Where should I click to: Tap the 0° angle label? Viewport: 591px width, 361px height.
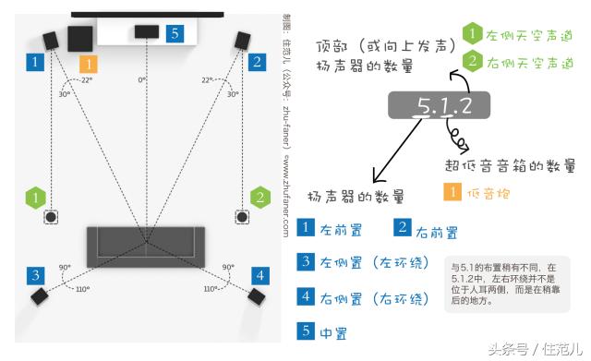click(142, 80)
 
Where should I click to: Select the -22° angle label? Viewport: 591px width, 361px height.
click(86, 80)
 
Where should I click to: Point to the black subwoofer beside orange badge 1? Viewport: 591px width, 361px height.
click(78, 39)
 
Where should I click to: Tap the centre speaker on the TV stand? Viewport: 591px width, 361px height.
click(146, 31)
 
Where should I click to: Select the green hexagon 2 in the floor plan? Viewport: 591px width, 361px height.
click(260, 197)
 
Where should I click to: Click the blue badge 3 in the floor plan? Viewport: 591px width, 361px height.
click(34, 275)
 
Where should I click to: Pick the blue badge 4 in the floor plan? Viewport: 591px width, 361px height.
click(260, 275)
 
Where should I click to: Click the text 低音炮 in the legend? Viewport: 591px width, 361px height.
click(488, 194)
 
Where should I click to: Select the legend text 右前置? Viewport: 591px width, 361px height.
click(435, 231)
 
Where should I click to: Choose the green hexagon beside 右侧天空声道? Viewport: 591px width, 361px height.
click(472, 62)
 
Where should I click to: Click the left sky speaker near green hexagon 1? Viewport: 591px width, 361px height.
click(51, 218)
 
